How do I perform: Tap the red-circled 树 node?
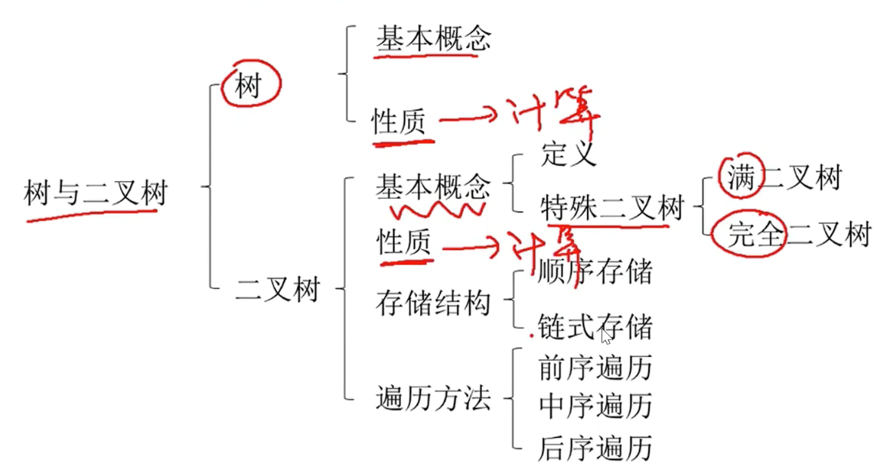pyautogui.click(x=249, y=86)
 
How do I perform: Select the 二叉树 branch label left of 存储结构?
pyautogui.click(x=277, y=290)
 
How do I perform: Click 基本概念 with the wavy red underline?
pyautogui.click(x=432, y=185)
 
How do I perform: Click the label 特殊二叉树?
pyautogui.click(x=611, y=207)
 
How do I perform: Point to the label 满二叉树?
pyautogui.click(x=783, y=178)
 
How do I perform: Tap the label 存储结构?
pyautogui.click(x=432, y=303)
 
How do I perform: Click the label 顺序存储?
pyautogui.click(x=595, y=271)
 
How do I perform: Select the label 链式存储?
pyautogui.click(x=595, y=326)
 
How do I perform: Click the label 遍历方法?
pyautogui.click(x=432, y=398)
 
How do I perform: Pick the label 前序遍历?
pyautogui.click(x=595, y=368)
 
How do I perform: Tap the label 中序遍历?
pyautogui.click(x=595, y=405)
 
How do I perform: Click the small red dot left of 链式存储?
pyautogui.click(x=531, y=335)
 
